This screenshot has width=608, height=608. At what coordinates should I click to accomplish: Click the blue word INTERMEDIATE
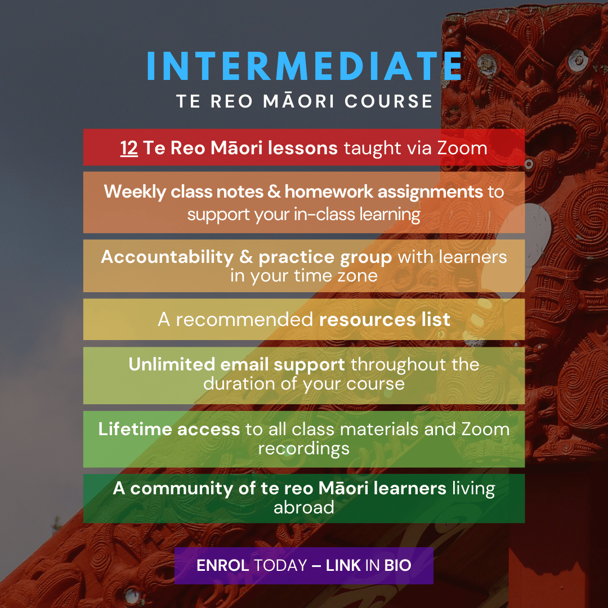point(305,66)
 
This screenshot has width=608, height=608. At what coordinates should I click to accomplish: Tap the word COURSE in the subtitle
point(388,101)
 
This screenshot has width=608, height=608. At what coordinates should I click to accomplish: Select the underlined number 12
point(129,148)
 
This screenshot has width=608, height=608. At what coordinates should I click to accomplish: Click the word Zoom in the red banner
point(462,148)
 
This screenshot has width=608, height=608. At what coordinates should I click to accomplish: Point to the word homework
point(329,191)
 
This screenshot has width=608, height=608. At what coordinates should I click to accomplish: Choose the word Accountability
point(167,257)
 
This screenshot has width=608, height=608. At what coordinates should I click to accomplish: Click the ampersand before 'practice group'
point(246,257)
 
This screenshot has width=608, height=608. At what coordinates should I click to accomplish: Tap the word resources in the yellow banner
point(367,320)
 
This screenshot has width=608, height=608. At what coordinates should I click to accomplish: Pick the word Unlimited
point(172,364)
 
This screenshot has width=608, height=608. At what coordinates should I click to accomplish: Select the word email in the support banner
point(244,364)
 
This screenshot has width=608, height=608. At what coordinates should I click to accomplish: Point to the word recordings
point(304,449)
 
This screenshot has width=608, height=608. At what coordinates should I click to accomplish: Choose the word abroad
point(304,508)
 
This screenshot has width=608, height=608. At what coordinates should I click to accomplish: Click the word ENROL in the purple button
point(222,565)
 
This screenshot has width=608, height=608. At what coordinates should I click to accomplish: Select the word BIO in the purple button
point(397,565)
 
